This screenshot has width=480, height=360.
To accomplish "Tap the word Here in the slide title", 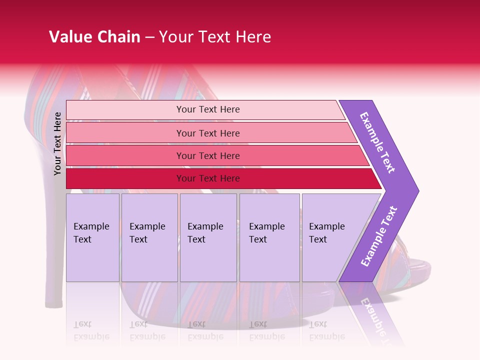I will tap(252, 37).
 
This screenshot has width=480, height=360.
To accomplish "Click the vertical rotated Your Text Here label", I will tap(57, 143).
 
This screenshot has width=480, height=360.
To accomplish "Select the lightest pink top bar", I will tap(205, 109).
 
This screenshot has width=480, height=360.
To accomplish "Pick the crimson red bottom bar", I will tap(220, 178).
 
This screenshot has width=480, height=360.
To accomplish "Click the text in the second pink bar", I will tap(208, 133).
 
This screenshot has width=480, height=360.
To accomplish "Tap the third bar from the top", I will tap(215, 156).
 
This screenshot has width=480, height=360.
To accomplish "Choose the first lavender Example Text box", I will tap(92, 237).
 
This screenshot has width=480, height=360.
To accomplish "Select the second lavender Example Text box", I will tap(149, 237).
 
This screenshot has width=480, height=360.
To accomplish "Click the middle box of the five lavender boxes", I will tap(208, 237).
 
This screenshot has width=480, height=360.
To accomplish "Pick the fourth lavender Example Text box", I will tap(269, 237).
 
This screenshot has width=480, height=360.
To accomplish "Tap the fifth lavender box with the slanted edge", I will tap(330, 237).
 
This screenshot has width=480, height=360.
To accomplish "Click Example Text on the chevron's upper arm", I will tap(377, 142).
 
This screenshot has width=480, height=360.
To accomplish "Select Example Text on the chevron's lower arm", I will tap(379, 236).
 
